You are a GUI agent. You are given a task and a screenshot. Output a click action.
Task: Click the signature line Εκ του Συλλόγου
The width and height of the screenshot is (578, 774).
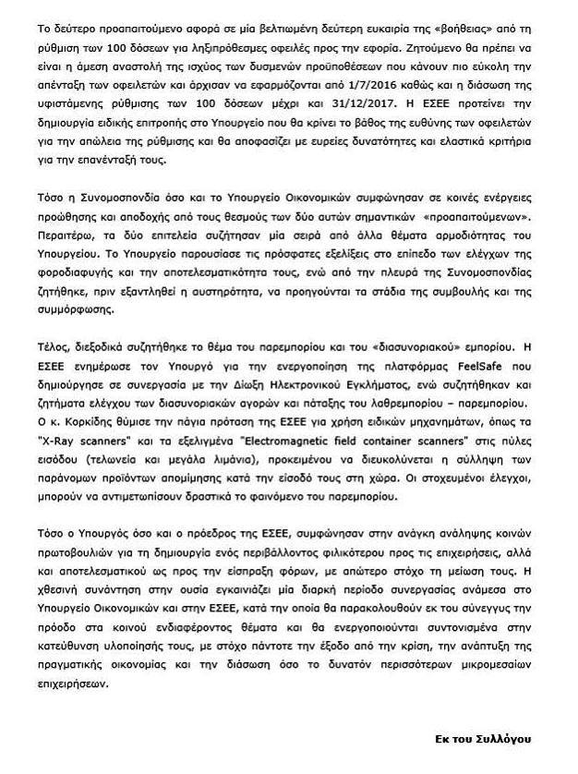pyautogui.click(x=483, y=739)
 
